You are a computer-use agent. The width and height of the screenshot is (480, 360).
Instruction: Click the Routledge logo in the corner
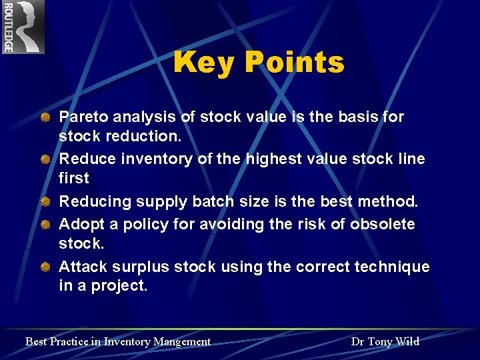pos(23,27)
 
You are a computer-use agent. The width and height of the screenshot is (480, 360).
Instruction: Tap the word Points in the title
pos(294,63)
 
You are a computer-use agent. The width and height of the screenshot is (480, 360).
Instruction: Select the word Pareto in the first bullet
pos(83,117)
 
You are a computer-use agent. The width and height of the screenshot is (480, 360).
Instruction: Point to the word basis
pos(357,117)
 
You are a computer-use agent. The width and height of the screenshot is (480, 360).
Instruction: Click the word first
pos(73,178)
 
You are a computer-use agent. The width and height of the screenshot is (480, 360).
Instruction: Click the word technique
pos(393,267)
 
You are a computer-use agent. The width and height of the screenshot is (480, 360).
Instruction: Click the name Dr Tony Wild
pos(385,341)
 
